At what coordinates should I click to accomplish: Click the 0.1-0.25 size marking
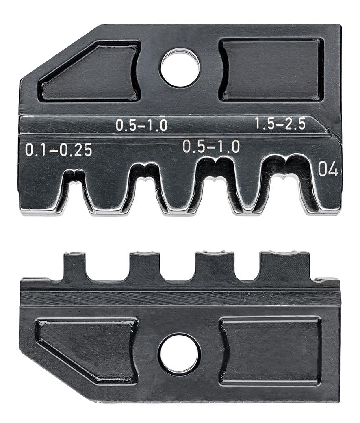point(59,150)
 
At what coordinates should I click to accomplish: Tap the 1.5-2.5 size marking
point(280,124)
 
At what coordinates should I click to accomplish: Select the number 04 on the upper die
point(327,169)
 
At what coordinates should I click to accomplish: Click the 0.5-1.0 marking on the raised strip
point(141,125)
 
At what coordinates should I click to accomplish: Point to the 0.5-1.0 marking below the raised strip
point(211,146)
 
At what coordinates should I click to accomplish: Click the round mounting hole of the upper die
point(180,67)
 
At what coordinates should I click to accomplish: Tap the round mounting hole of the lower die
point(179,354)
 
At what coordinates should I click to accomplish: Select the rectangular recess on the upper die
point(271,69)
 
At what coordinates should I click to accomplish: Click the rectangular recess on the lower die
point(271,351)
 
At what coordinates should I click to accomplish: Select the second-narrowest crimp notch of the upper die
point(145,189)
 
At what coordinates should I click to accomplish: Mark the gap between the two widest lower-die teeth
point(247,266)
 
